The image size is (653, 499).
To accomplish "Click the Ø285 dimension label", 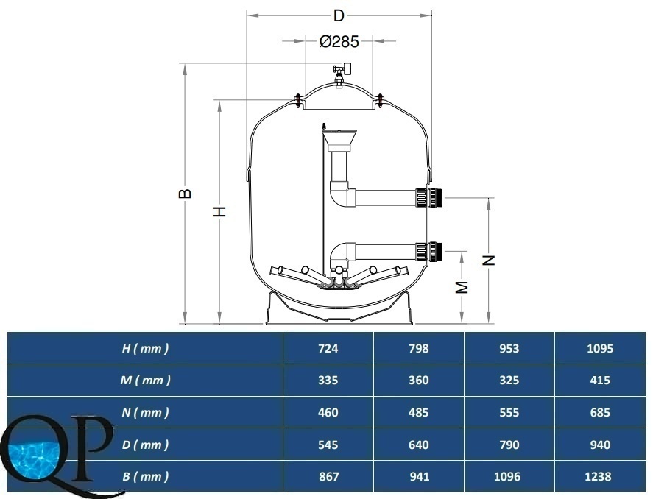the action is tap(339, 41).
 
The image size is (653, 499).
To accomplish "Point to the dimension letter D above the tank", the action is tap(339, 15).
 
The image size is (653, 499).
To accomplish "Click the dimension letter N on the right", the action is tap(489, 261).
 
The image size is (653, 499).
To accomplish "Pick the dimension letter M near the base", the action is tap(462, 287).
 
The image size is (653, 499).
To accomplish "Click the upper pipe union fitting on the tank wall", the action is tap(428, 197).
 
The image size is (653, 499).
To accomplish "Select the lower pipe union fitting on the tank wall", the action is tap(428, 252).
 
